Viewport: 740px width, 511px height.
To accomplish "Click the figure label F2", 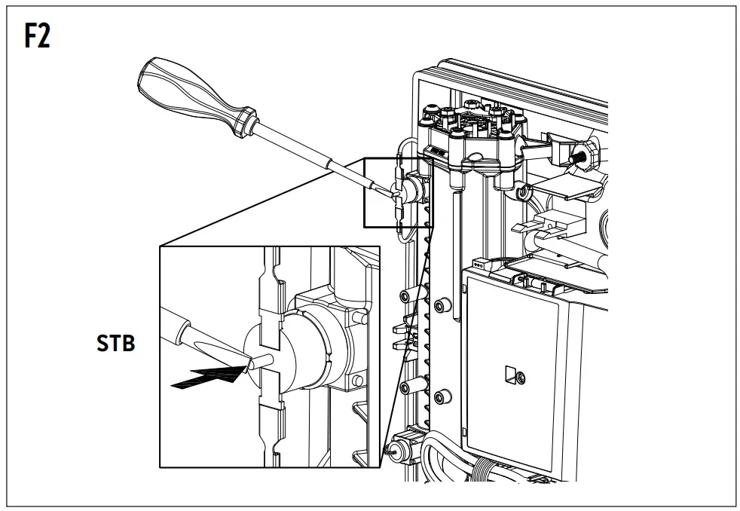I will click(37, 35).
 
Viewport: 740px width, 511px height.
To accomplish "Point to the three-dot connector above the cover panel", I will click(477, 265).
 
